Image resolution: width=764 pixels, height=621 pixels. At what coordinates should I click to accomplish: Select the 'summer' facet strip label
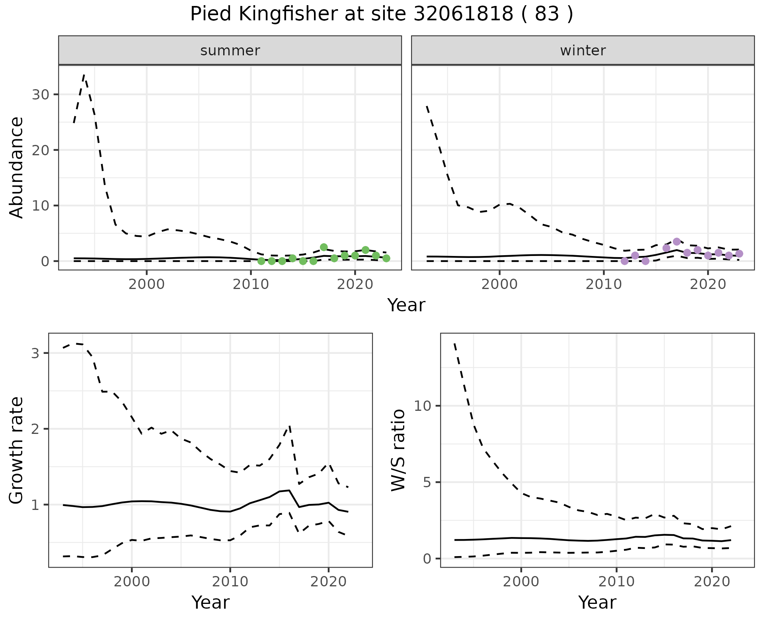click(230, 51)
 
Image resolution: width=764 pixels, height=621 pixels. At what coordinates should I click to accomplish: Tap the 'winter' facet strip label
click(583, 51)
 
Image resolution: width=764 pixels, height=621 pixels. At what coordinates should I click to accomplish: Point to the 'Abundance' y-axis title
click(16, 168)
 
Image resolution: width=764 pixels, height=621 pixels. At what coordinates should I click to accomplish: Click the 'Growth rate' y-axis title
click(16, 450)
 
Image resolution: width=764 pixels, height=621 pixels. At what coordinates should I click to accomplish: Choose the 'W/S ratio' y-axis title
click(398, 450)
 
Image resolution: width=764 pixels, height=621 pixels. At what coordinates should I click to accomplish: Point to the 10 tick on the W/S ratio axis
click(422, 406)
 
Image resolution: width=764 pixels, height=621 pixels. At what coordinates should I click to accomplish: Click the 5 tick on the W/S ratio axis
click(427, 482)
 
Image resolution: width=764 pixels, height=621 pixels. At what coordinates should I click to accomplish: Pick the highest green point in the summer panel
click(324, 247)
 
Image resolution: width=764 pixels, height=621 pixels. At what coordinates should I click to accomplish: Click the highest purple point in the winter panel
click(676, 242)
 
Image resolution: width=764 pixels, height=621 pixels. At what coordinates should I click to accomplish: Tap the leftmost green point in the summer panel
click(261, 261)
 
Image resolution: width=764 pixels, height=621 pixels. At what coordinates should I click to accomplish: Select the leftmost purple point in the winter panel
click(624, 261)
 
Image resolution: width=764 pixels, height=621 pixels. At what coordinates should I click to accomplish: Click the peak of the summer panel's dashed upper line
click(84, 74)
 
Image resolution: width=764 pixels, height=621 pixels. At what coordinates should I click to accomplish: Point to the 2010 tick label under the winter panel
click(603, 285)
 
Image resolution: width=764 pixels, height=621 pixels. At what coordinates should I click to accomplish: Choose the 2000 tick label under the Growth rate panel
click(132, 582)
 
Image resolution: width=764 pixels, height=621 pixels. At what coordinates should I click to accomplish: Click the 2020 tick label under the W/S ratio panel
click(712, 582)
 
